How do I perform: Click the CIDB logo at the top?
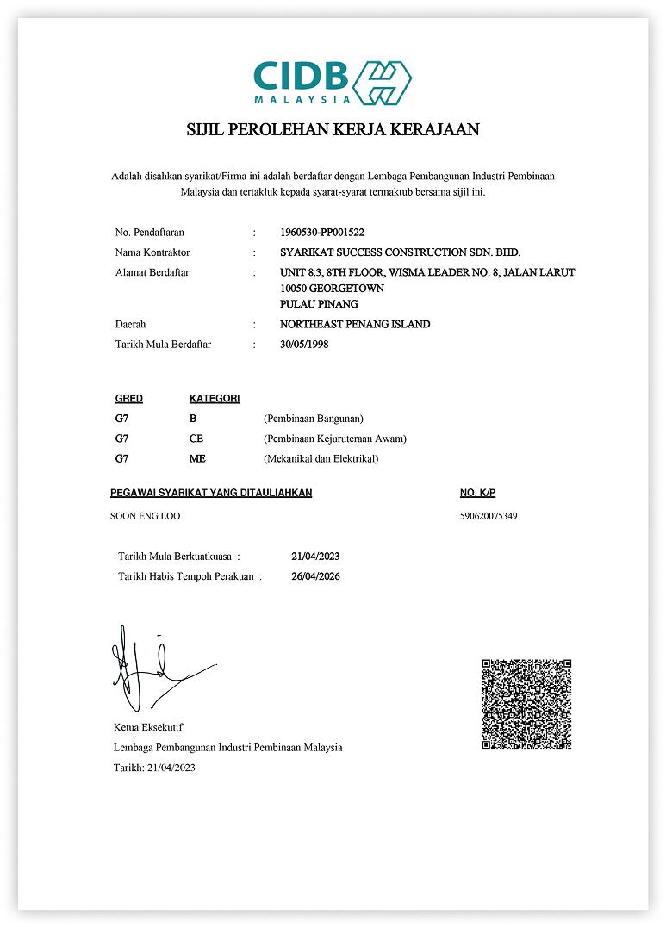333,84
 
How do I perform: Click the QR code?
526,704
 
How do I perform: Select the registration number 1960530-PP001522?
322,233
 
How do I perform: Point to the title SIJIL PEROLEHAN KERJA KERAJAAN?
333,130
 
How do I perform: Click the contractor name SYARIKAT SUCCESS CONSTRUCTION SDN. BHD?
401,252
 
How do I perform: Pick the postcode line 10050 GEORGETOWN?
333,289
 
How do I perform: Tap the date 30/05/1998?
305,345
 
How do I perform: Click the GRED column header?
129,399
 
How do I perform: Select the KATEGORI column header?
215,399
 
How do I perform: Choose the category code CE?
196,439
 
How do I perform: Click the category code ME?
197,459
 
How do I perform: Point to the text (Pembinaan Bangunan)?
314,419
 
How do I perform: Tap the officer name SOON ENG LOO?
146,516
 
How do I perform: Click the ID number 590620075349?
489,516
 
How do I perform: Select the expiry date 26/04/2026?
316,576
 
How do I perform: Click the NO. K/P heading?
478,493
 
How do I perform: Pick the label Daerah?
130,325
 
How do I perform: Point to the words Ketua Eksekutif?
148,727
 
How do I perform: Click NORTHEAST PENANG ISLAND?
355,325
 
